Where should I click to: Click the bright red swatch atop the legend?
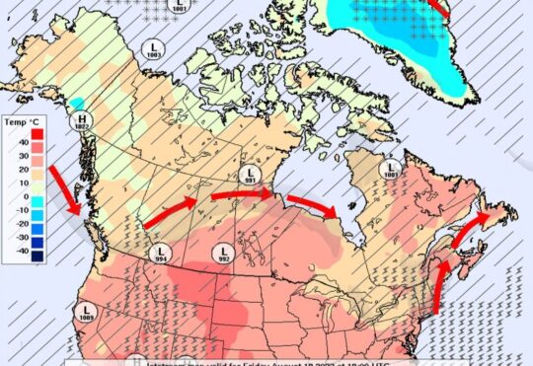(36, 132)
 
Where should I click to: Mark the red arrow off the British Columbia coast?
(69, 190)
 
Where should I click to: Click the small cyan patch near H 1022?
(77, 103)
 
